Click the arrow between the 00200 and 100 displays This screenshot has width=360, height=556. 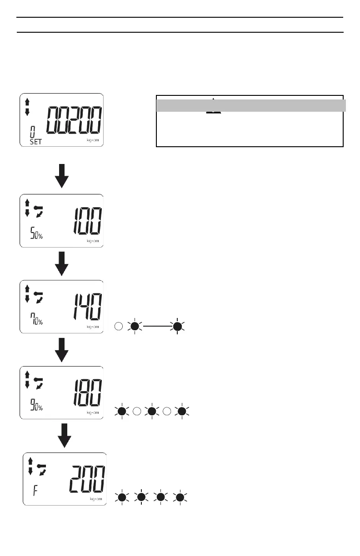coord(61,176)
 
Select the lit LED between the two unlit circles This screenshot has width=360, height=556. coord(152,412)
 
